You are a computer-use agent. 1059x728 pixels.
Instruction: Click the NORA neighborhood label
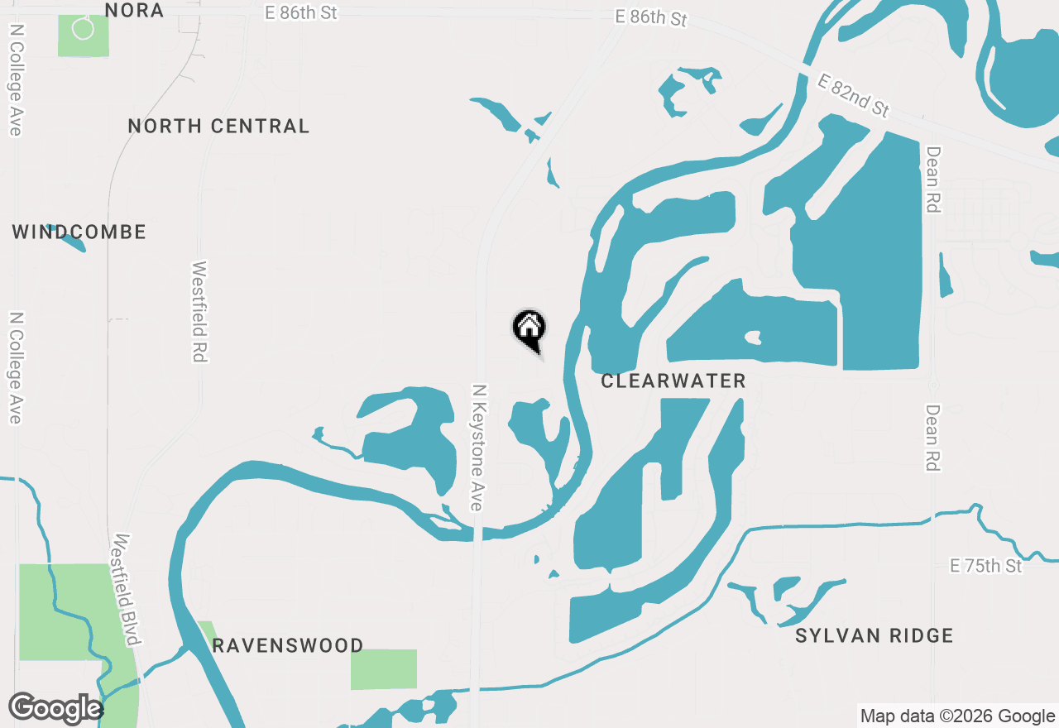tap(134, 10)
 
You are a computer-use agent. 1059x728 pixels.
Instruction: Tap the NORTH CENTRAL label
tap(218, 126)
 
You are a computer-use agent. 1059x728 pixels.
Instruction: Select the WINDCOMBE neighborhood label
tap(79, 232)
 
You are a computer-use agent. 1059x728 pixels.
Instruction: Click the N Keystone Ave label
tap(478, 447)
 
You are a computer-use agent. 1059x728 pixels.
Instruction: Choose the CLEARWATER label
tap(673, 381)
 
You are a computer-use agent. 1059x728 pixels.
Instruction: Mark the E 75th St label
tap(985, 566)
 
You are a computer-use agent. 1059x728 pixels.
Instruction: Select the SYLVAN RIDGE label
tap(874, 635)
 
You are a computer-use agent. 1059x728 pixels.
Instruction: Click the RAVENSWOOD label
tap(287, 645)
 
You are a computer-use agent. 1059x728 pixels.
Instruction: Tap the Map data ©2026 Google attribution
tap(957, 716)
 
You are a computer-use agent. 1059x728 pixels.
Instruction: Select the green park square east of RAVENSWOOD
tap(384, 668)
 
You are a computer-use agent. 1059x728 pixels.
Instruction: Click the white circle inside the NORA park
tap(83, 28)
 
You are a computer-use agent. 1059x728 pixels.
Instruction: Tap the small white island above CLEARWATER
tap(752, 337)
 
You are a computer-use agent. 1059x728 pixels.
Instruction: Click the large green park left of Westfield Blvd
tap(58, 612)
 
